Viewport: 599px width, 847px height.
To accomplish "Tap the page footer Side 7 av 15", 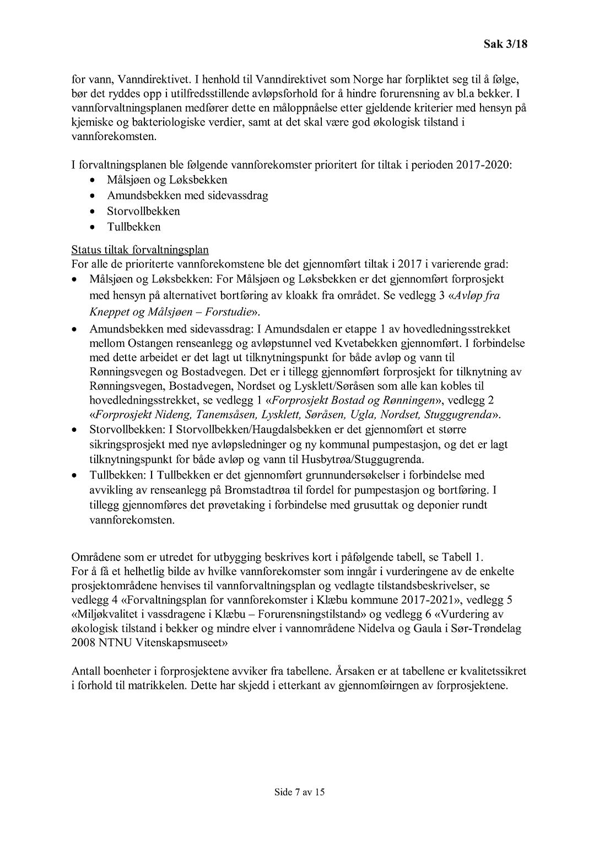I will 300,792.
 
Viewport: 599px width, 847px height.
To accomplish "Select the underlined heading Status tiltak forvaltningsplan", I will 140,250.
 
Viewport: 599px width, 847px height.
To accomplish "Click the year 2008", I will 83,642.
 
